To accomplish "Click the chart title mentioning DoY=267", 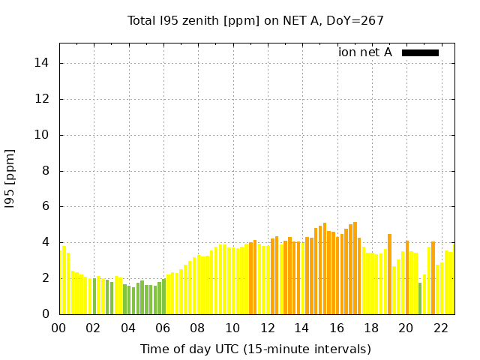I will (256, 20).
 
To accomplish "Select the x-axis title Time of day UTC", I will (256, 349).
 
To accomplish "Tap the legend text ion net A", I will (365, 52).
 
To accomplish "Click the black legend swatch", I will (420, 52).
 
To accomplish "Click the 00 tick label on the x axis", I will (59, 328).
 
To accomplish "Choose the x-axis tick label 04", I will (128, 328).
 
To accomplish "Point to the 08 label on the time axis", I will (198, 328).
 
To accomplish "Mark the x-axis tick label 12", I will (267, 328).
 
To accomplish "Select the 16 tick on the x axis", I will (337, 328).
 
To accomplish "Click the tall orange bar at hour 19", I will (389, 274).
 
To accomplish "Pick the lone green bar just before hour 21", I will (420, 298).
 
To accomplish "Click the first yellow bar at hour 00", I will (60, 281).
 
